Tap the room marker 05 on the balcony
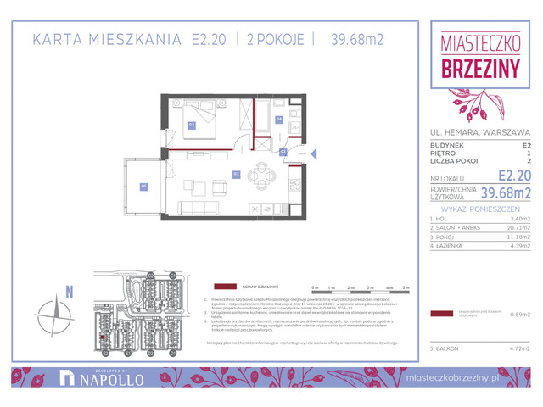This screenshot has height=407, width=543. [143, 187]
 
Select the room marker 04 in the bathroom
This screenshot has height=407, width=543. [279, 120]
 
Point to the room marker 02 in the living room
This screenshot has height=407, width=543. [237, 175]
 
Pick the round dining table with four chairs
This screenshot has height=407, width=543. [264, 176]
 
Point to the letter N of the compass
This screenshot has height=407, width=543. [70, 293]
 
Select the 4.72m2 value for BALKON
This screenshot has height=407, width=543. [518, 348]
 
